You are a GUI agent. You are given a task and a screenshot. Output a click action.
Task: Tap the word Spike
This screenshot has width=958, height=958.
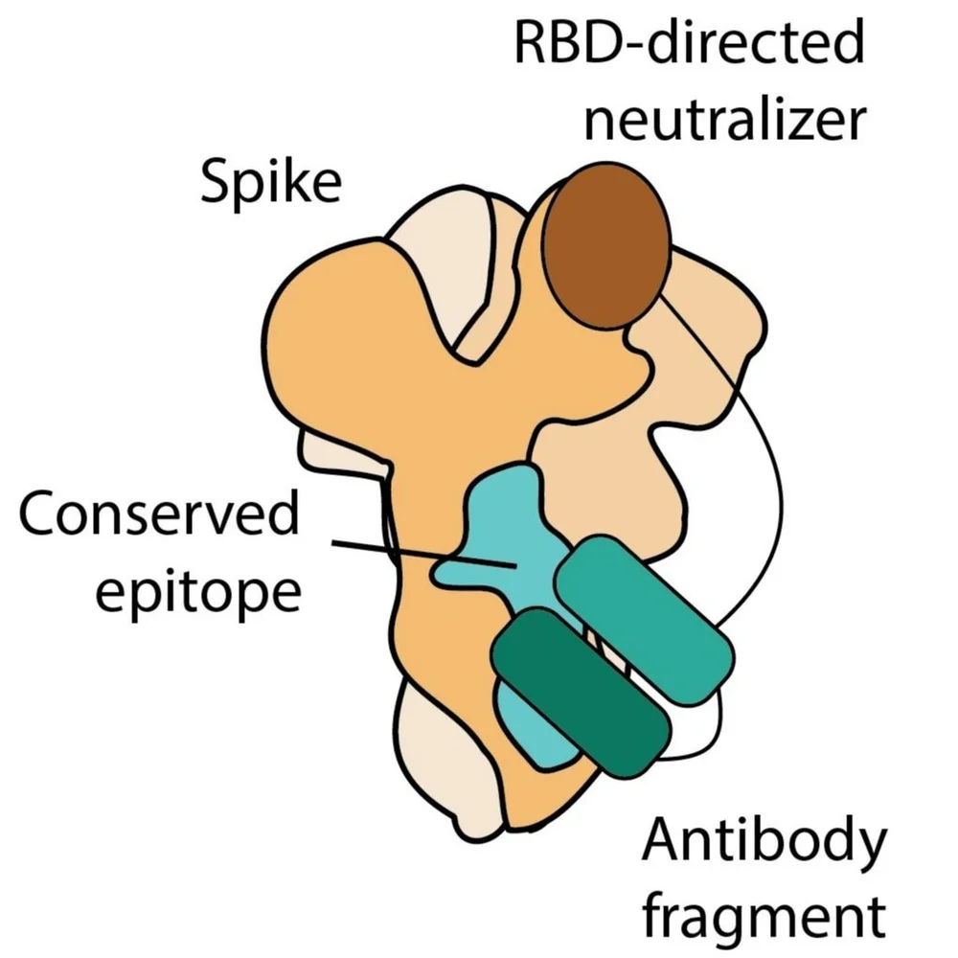coord(270,181)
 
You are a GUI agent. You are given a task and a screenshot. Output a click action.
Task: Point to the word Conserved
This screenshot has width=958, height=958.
coord(158,516)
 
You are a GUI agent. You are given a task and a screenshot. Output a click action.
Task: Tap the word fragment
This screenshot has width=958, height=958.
coord(763,914)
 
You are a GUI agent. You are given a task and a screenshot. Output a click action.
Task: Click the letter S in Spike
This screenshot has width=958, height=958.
coord(215,181)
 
